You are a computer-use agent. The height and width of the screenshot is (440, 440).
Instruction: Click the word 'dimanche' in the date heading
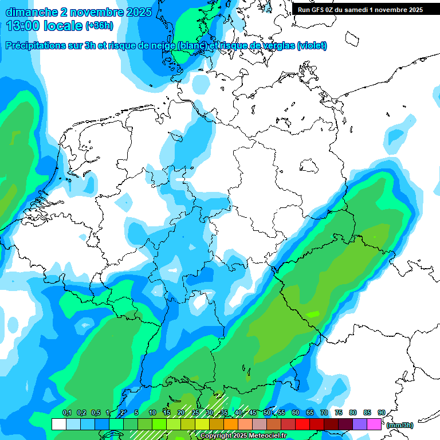[x=29, y=12]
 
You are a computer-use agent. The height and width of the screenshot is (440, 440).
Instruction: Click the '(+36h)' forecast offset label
[x=99, y=26]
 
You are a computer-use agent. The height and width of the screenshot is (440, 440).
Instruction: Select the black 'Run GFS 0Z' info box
[x=360, y=9]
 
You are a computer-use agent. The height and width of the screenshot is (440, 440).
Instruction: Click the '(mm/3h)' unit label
[x=400, y=425]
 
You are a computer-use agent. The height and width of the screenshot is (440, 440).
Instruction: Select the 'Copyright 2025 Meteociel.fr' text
[x=243, y=436]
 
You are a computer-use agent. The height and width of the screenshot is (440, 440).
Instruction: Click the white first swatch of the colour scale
[x=58, y=425]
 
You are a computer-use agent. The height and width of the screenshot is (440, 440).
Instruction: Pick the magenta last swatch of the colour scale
[x=374, y=425]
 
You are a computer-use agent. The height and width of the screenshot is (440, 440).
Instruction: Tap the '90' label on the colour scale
[x=381, y=412]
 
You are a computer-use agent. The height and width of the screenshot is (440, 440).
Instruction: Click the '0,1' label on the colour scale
[x=66, y=412]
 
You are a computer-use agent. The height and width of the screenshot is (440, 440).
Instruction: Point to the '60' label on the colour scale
[x=295, y=412]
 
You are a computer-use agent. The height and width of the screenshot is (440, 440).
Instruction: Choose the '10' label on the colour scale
[x=152, y=412]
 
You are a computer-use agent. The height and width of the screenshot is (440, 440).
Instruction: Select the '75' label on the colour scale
[x=338, y=412]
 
